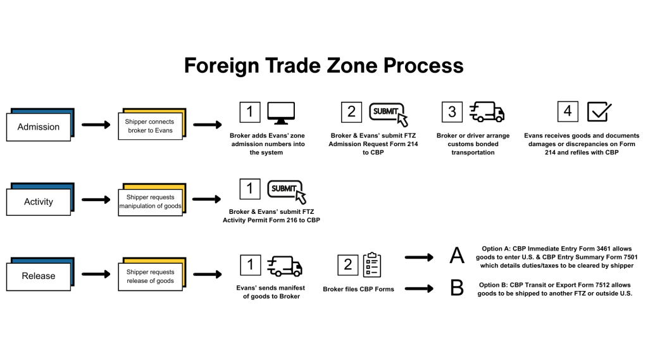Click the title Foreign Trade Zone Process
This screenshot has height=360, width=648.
click(323, 65)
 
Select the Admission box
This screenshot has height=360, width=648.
click(39, 127)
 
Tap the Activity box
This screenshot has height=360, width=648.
click(39, 202)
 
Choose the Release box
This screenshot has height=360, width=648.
click(39, 276)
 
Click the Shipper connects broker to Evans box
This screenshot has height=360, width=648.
click(150, 127)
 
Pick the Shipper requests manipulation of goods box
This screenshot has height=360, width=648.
click(150, 202)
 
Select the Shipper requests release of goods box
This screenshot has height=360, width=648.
click(150, 276)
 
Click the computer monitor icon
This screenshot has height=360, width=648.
click(281, 112)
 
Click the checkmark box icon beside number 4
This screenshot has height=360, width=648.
click(599, 112)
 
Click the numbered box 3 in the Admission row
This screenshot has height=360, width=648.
click(452, 112)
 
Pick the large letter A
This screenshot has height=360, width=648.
click(457, 256)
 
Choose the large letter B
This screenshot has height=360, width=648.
click(457, 289)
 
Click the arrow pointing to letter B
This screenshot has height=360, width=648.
click(419, 289)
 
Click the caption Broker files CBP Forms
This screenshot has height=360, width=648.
click(358, 289)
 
